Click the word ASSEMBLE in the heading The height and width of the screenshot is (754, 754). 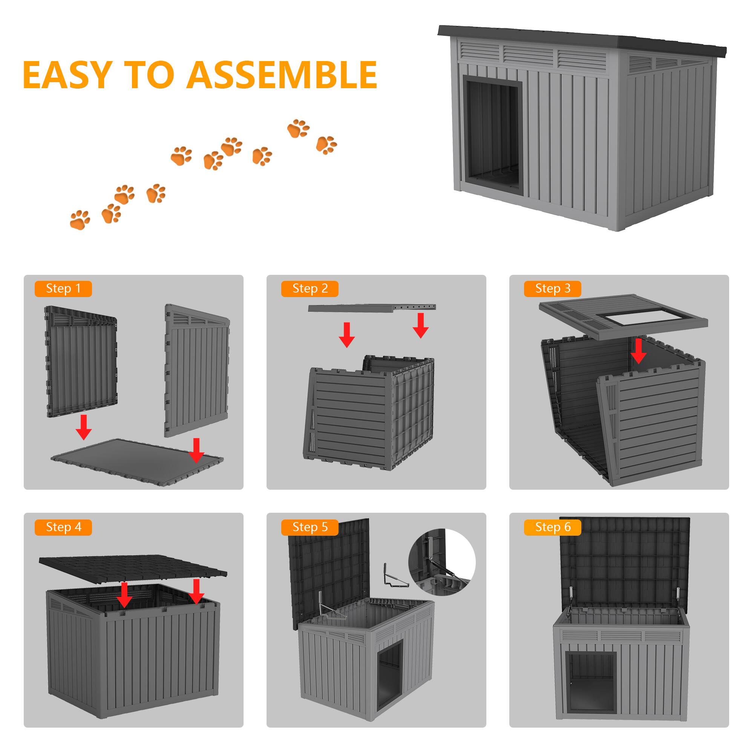click(x=282, y=75)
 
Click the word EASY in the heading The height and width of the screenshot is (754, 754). click(x=67, y=75)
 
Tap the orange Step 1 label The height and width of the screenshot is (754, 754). click(x=63, y=289)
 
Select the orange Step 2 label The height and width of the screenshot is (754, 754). click(x=310, y=289)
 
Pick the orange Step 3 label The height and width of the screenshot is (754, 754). click(x=552, y=289)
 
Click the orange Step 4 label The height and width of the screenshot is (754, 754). click(x=63, y=527)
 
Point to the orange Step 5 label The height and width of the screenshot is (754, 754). click(x=310, y=527)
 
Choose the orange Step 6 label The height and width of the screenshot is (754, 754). click(x=552, y=527)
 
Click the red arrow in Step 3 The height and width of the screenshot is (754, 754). click(x=639, y=351)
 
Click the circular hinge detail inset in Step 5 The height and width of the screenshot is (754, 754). click(x=442, y=562)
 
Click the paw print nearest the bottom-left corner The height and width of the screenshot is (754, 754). click(x=80, y=220)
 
